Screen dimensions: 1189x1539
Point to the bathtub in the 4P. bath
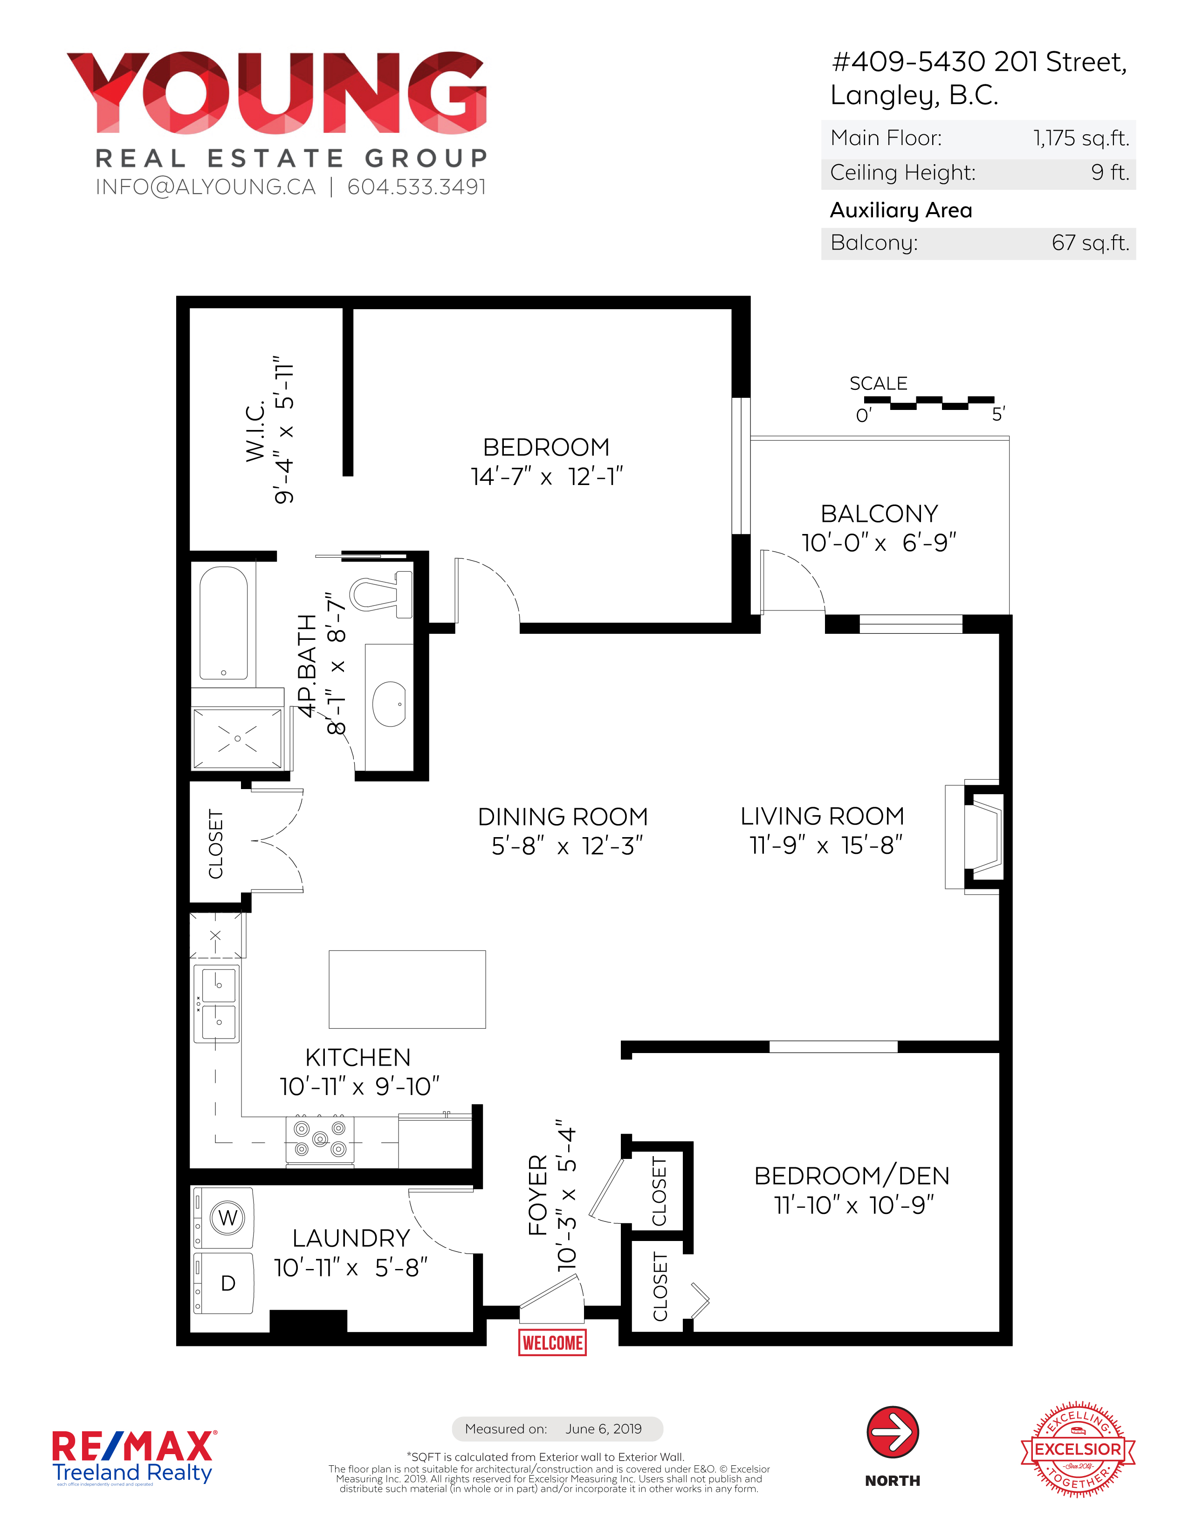[223, 623]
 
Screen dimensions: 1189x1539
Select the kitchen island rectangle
[407, 989]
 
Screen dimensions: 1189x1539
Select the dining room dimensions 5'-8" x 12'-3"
[567, 846]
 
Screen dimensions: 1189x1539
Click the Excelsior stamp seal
[1078, 1449]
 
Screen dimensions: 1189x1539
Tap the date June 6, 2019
[604, 1429]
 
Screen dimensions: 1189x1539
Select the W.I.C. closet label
[255, 431]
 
